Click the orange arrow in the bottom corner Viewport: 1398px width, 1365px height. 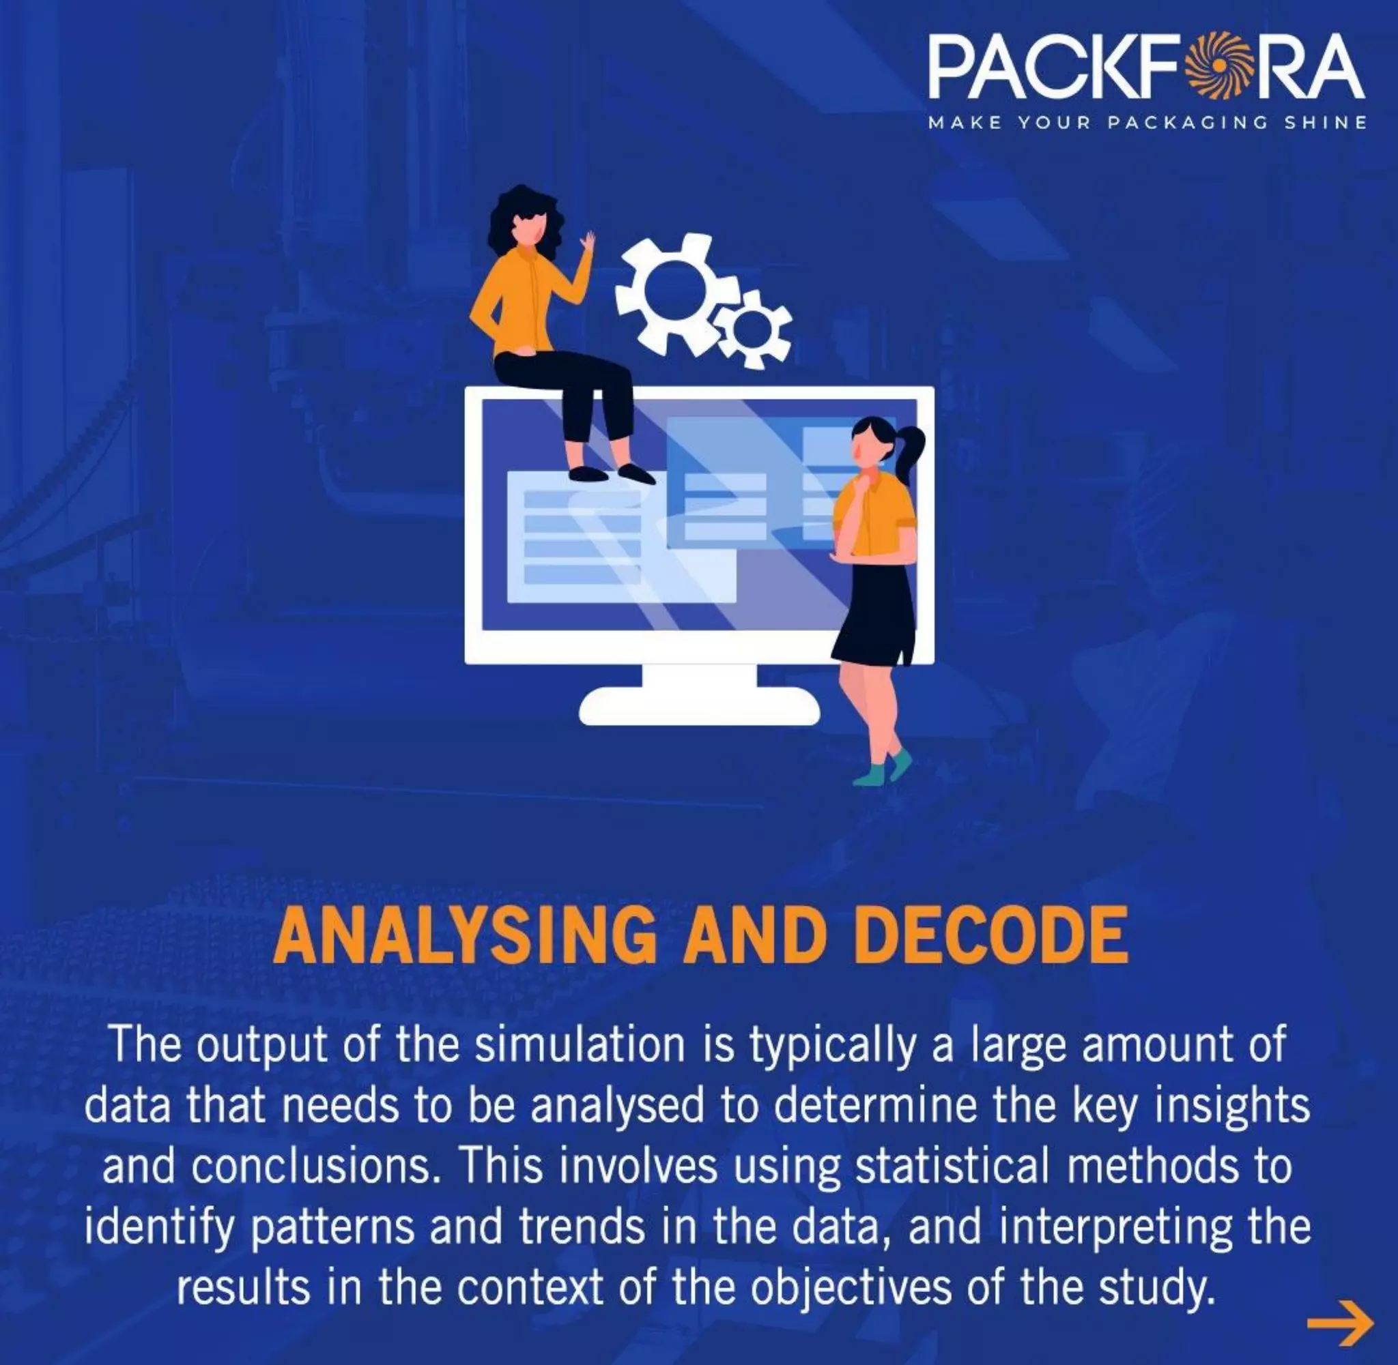tap(1340, 1323)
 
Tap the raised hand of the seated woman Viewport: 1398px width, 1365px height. tap(588, 241)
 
